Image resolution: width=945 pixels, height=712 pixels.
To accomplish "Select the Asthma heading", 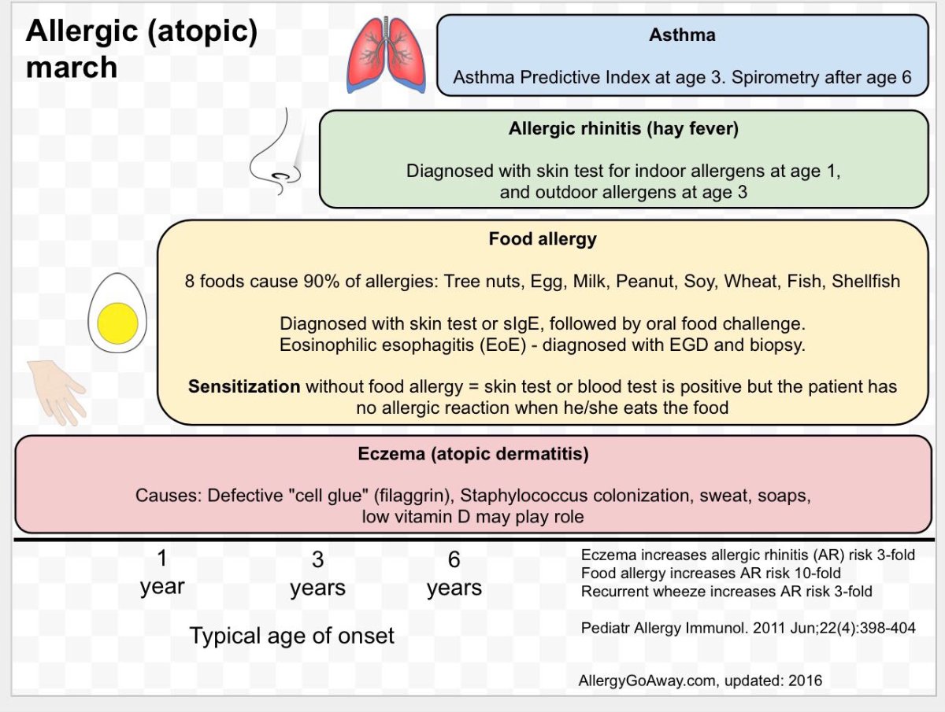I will point(682,35).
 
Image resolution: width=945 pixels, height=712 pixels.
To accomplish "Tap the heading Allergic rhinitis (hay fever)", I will point(624,129).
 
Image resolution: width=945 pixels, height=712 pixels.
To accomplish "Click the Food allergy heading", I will point(543,238).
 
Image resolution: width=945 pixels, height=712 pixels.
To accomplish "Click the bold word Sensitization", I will point(244,387).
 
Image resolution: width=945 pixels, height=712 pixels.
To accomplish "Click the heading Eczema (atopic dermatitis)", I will point(473,454).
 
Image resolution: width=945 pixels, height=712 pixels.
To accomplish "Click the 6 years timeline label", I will point(454,574).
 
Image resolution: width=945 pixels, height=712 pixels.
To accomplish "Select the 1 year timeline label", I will point(162,573).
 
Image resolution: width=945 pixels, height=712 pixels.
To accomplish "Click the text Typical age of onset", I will point(291,636).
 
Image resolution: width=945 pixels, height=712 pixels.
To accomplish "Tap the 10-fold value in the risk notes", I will point(814,574).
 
